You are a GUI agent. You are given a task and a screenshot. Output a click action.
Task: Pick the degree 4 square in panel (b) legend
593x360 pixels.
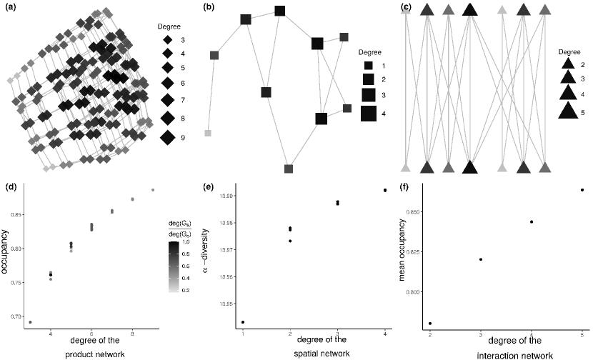click(369, 113)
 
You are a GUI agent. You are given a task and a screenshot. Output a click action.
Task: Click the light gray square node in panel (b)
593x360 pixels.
click(208, 134)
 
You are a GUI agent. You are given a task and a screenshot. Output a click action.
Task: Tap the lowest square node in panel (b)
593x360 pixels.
click(289, 169)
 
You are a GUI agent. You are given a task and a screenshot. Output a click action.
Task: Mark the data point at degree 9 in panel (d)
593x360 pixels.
click(153, 190)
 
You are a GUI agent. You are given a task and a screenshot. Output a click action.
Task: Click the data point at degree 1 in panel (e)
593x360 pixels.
click(244, 322)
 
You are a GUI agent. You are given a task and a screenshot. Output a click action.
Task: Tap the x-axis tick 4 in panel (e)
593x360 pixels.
click(384, 333)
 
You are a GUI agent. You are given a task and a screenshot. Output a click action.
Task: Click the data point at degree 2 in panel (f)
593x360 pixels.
click(429, 323)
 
